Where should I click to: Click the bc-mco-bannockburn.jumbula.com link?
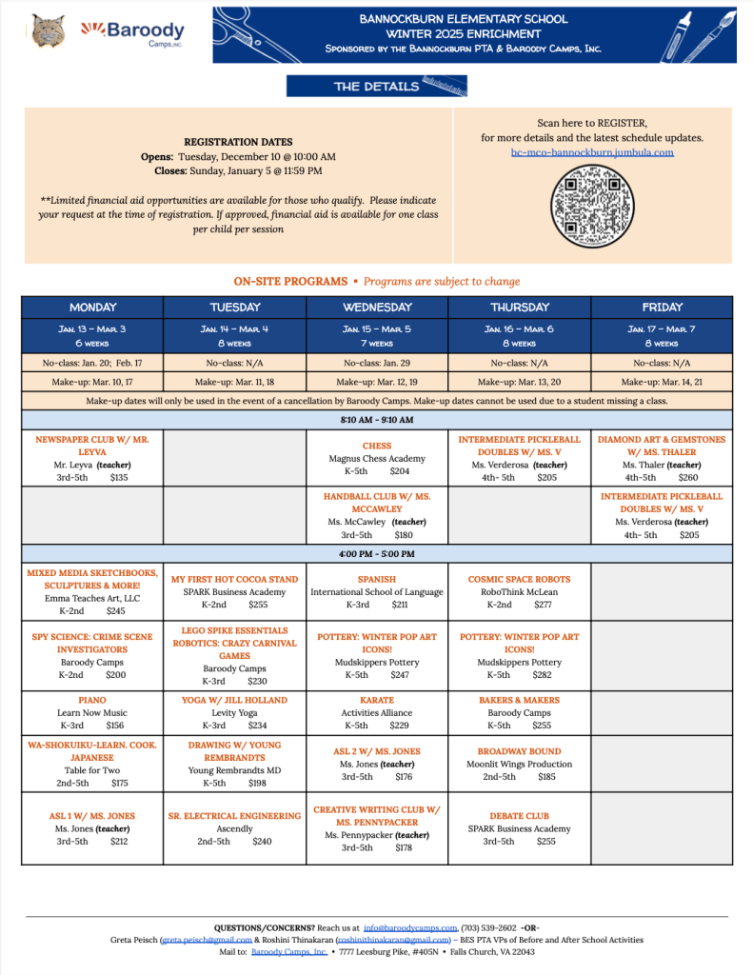592,152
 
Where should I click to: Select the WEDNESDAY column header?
377,308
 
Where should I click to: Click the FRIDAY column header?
662,308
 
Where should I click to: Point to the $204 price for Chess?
400,471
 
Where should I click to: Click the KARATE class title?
377,700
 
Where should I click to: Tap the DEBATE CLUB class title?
519,816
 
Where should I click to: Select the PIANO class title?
92,700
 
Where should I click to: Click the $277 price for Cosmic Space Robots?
543,605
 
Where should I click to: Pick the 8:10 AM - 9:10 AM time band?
377,420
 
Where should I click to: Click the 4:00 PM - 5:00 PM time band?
377,554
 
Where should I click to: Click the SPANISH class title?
377,579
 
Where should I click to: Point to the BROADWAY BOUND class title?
519,751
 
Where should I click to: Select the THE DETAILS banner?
377,87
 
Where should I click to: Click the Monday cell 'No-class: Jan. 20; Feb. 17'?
92,363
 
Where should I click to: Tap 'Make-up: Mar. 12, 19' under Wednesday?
377,382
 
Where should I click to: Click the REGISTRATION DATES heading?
238,142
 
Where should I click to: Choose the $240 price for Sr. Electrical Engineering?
262,842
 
